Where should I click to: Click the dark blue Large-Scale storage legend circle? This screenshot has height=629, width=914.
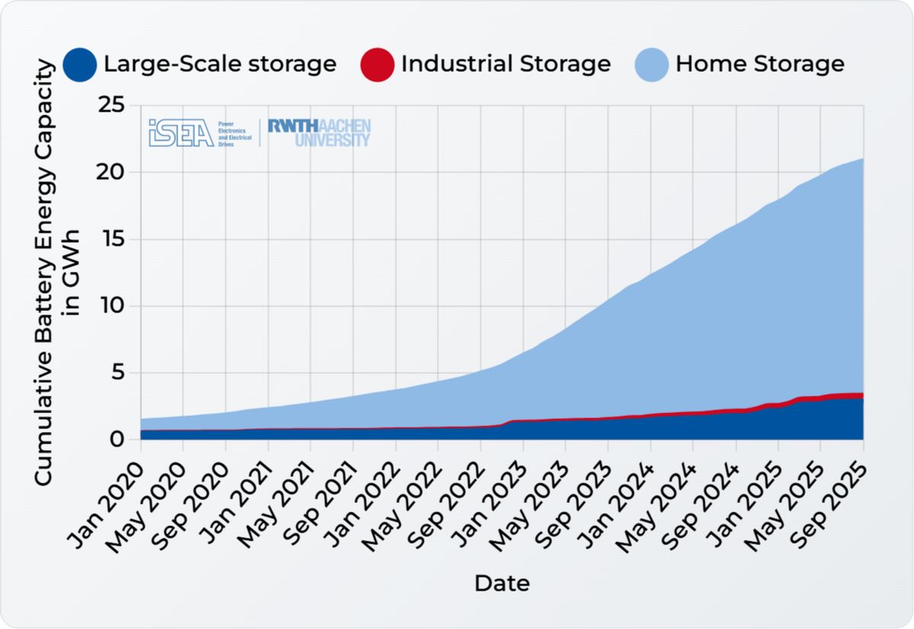[80, 64]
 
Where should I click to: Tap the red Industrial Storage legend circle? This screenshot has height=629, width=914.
[377, 64]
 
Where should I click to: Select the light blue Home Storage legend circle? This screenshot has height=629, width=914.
[651, 64]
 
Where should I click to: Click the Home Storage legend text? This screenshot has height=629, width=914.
[759, 63]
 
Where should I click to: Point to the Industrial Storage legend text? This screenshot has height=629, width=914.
[506, 63]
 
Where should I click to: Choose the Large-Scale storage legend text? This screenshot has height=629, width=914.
[220, 63]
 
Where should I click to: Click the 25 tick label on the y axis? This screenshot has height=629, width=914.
[112, 105]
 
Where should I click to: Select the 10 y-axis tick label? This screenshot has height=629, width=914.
[112, 306]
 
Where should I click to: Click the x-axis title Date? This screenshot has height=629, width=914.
[502, 584]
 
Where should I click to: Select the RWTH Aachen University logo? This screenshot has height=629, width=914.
[319, 133]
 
